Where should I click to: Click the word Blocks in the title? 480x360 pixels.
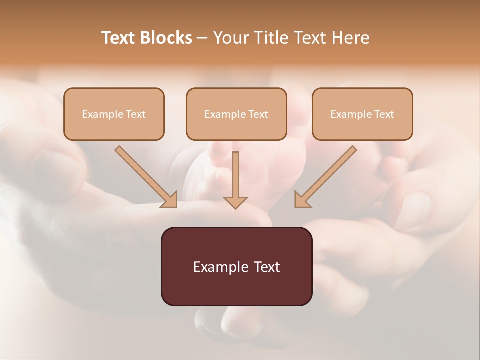click(x=167, y=38)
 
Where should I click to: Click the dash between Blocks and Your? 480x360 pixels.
click(x=202, y=38)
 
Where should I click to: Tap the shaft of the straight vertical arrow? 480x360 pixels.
click(x=235, y=172)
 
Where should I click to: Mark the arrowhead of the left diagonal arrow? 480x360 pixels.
click(x=170, y=200)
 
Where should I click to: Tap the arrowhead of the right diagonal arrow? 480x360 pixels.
click(x=302, y=200)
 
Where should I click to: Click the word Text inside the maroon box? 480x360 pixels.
click(x=267, y=267)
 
